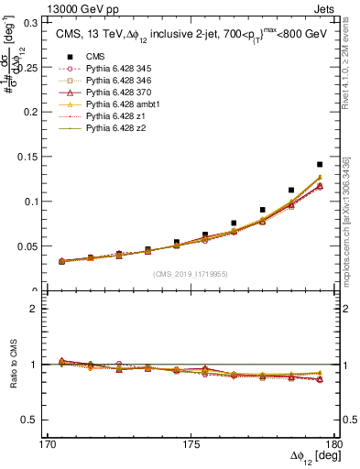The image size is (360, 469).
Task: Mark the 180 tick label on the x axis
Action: click(335, 444)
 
